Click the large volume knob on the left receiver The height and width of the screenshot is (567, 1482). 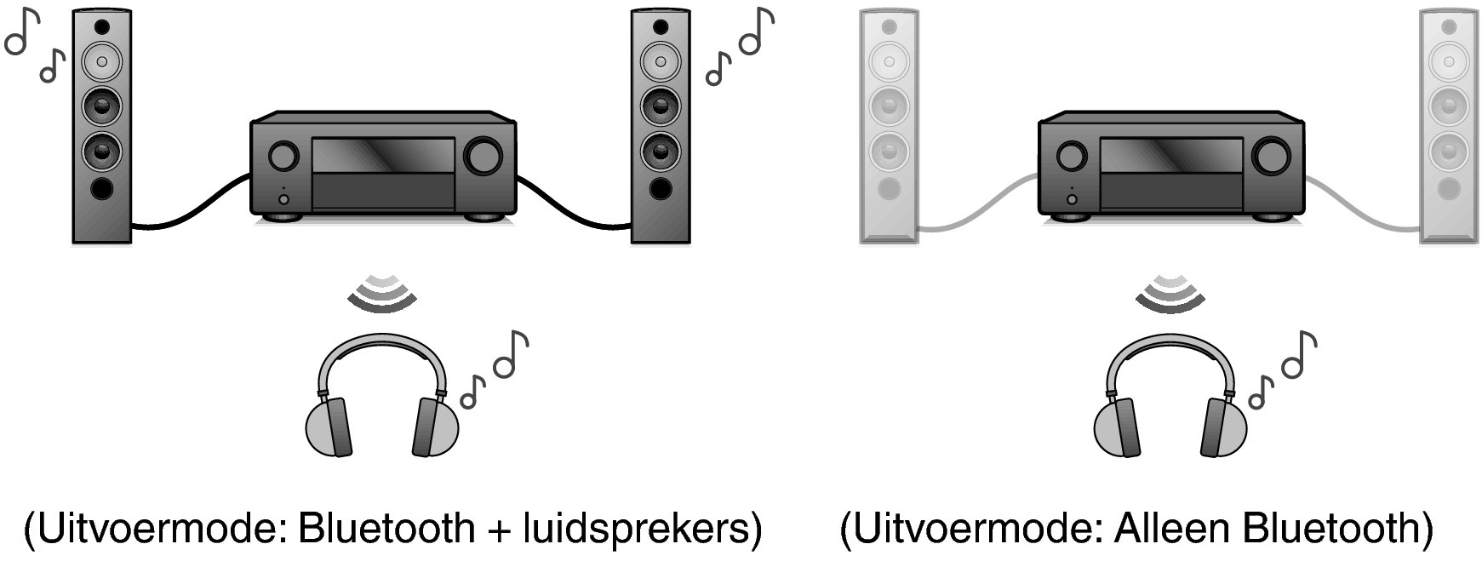click(x=484, y=156)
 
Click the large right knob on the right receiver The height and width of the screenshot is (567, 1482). click(x=1272, y=156)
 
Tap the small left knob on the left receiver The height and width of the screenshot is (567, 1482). click(x=283, y=156)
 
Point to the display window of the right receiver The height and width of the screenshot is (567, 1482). click(x=1171, y=155)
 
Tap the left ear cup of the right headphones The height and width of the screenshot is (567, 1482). click(x=1115, y=427)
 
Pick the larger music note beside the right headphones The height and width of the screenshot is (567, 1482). click(x=1299, y=354)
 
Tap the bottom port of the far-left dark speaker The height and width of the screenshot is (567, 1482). click(x=102, y=188)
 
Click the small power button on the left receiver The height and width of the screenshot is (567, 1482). click(x=283, y=199)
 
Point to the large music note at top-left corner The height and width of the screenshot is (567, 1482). click(x=22, y=33)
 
